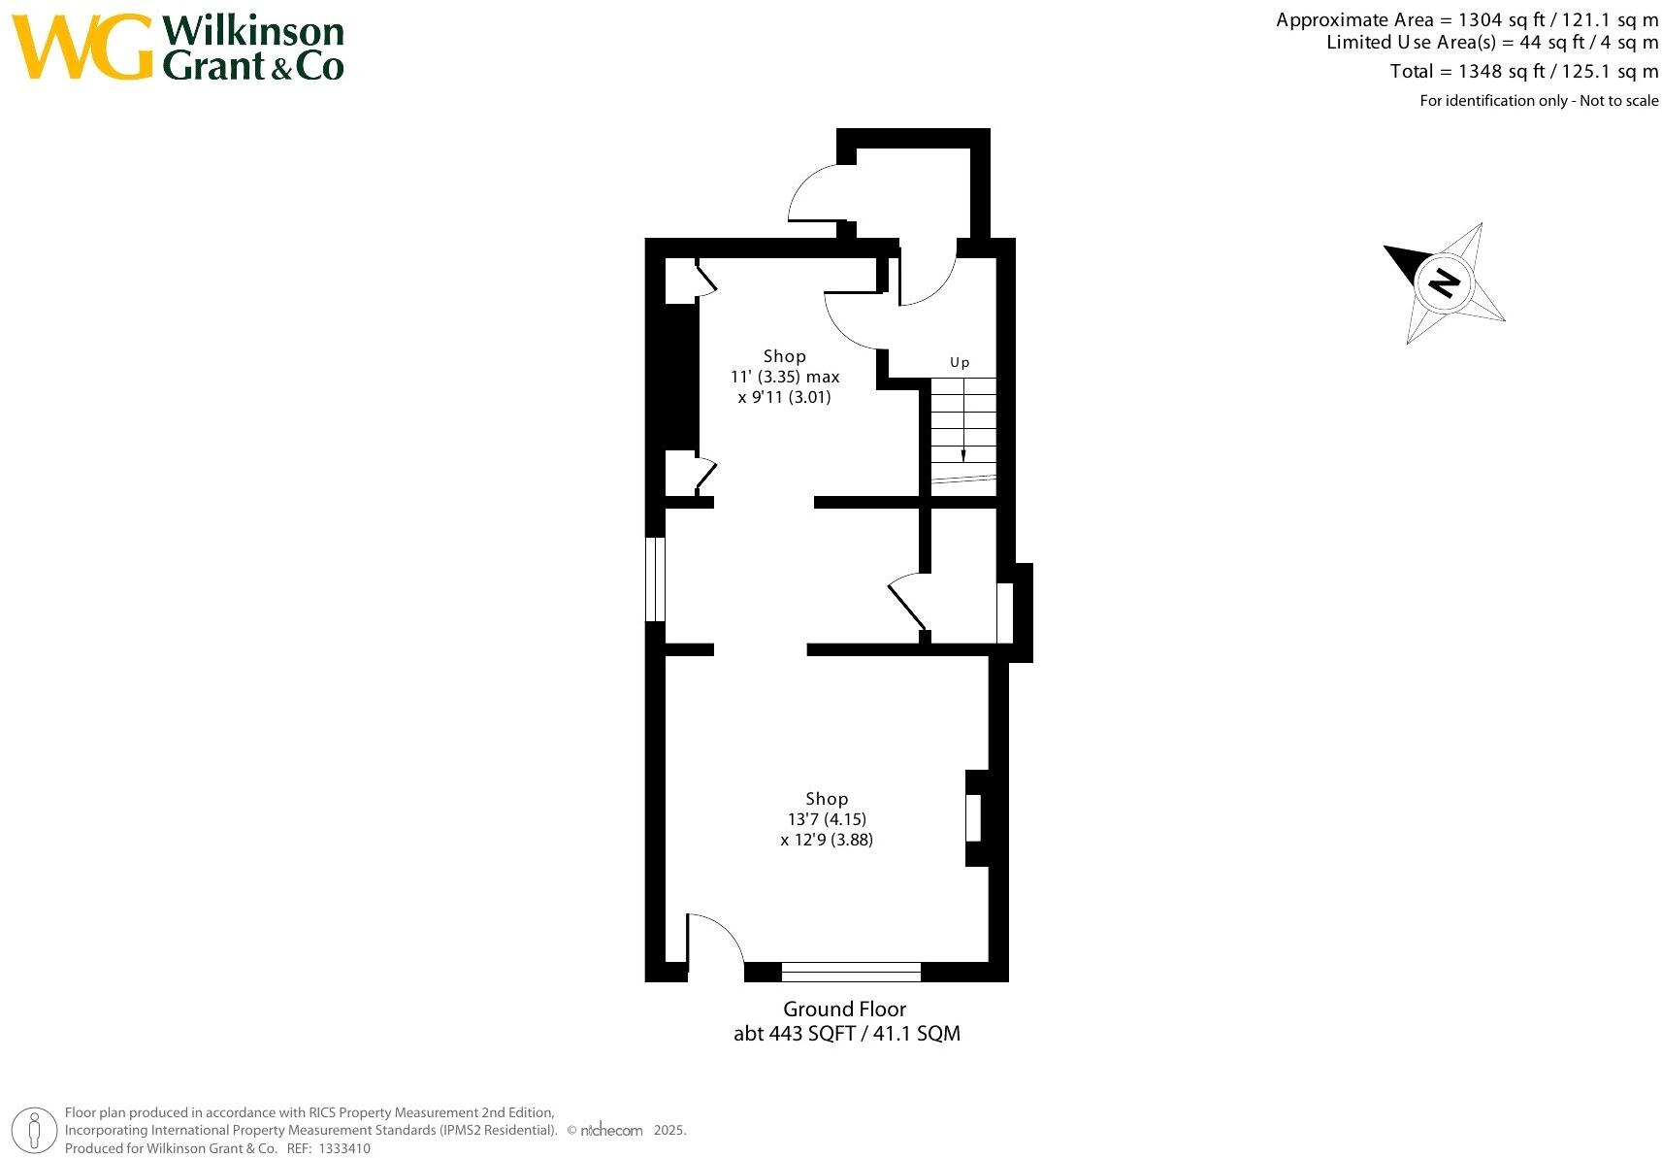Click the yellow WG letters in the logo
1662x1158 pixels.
point(82,48)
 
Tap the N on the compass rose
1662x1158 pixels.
point(1445,282)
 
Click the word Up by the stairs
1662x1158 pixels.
point(959,362)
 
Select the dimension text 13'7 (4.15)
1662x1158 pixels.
point(827,818)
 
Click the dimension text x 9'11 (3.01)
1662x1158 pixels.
point(784,397)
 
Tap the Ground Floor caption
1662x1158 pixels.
point(844,1009)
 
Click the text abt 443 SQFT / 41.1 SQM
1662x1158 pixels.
point(846,1033)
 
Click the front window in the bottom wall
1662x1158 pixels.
point(850,971)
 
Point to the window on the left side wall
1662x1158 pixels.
point(656,579)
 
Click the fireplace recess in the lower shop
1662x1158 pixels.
point(973,817)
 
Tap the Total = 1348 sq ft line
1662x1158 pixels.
point(1523,71)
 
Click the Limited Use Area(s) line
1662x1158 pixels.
point(1491,43)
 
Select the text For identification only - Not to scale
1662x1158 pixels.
point(1538,101)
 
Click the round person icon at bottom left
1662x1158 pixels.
point(35,1130)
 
